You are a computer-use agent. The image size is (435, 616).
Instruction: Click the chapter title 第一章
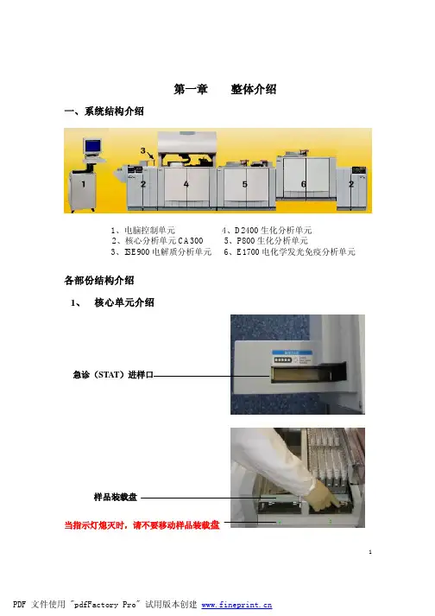tap(191, 89)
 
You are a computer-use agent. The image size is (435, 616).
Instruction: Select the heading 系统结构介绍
tap(114, 111)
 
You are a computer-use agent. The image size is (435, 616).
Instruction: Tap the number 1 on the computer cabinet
tap(83, 184)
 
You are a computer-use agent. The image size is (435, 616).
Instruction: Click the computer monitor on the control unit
tap(92, 147)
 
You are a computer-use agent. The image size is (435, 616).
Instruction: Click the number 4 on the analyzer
tap(186, 184)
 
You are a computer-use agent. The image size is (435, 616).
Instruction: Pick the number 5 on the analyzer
tap(244, 184)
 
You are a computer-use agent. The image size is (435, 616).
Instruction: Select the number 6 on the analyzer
tap(304, 184)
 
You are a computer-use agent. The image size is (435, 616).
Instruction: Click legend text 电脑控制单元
tap(149, 230)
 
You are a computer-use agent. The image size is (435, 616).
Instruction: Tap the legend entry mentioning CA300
tap(157, 240)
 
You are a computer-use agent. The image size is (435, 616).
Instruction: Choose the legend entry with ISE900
tap(161, 251)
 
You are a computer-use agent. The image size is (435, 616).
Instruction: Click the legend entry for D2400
tap(267, 230)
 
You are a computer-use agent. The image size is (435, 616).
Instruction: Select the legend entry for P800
tap(266, 240)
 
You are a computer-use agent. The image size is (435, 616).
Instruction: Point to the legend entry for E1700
tap(289, 251)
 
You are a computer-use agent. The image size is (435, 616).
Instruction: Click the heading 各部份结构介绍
tap(99, 281)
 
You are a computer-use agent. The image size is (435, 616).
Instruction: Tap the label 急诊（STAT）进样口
tap(113, 375)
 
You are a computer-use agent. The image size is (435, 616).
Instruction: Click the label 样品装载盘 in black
tap(116, 497)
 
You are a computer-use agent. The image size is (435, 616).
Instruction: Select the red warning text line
tap(142, 525)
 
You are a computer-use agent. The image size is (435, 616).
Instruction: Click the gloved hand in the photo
tap(325, 494)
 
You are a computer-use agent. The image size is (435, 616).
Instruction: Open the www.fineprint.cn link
tap(236, 605)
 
